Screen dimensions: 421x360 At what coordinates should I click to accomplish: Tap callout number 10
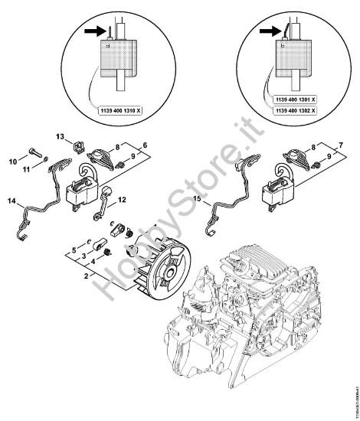coord(11,162)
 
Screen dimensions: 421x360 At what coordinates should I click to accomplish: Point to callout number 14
coord(11,201)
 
